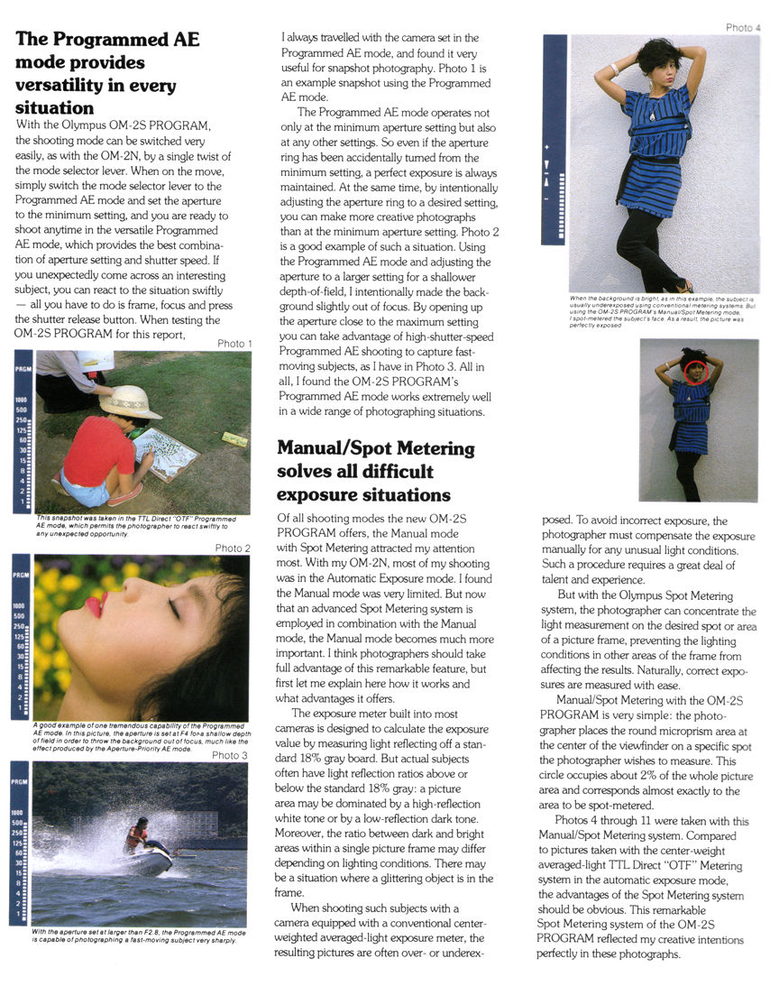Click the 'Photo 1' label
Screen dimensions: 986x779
(x=234, y=344)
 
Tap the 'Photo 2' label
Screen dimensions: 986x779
(x=233, y=548)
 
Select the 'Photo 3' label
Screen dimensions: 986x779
(x=230, y=755)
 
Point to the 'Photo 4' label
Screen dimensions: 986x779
(x=744, y=28)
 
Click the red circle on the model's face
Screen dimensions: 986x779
(x=695, y=371)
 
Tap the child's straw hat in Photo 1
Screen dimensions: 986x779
(x=131, y=402)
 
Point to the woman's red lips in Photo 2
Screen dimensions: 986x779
(x=96, y=603)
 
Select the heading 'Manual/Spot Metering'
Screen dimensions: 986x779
(x=375, y=448)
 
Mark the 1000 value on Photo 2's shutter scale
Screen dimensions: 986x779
(x=21, y=606)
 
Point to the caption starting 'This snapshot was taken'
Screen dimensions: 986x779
(x=135, y=525)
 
